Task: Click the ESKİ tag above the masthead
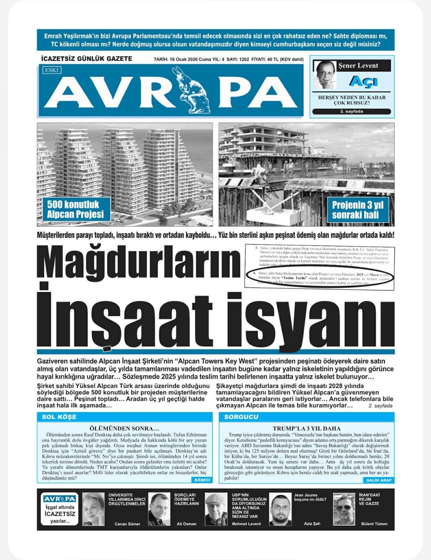pyautogui.click(x=52, y=70)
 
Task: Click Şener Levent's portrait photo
pyautogui.click(x=325, y=74)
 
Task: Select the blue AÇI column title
pyautogui.click(x=364, y=81)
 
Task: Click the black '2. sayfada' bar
pyautogui.click(x=351, y=111)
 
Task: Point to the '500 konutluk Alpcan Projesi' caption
pyautogui.click(x=75, y=209)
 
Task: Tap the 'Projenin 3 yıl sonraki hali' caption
pyautogui.click(x=357, y=210)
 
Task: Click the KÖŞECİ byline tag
pyautogui.click(x=202, y=480)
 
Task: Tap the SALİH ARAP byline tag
pyautogui.click(x=379, y=480)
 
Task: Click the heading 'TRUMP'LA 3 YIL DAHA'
pyautogui.click(x=306, y=428)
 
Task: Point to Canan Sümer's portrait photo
pyautogui.click(x=93, y=509)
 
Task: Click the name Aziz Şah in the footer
pyautogui.click(x=312, y=524)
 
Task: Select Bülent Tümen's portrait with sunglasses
pyautogui.click(x=344, y=509)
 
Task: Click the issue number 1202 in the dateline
pyautogui.click(x=244, y=59)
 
